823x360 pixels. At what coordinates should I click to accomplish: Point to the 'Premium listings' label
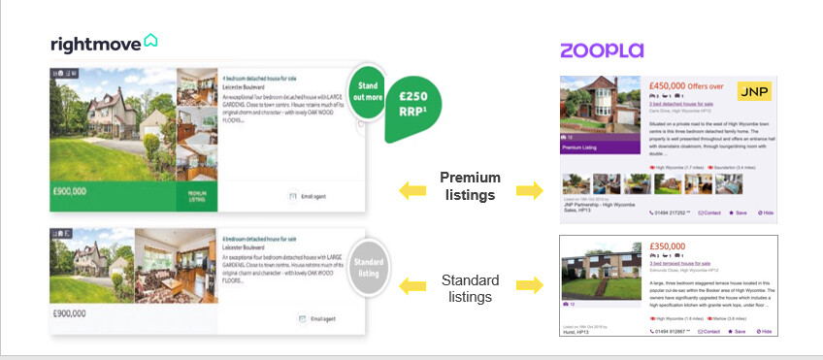[470, 185]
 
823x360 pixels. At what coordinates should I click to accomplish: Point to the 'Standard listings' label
[470, 288]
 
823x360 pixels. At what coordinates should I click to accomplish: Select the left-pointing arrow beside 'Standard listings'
[412, 285]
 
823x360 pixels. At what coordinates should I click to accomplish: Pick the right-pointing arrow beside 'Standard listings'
[529, 285]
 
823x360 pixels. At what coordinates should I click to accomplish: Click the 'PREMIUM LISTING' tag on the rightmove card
[196, 196]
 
